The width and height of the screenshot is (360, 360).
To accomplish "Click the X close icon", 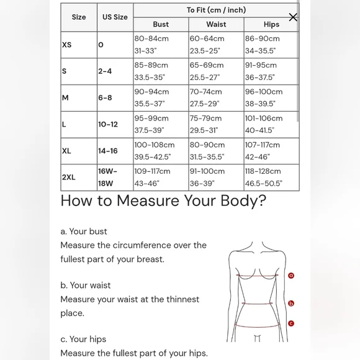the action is pos(293,17).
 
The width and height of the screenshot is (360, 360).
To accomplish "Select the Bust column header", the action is pos(161,24).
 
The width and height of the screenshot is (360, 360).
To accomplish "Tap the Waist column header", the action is pos(216,24).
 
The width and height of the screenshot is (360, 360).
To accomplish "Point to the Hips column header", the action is pos(271,24).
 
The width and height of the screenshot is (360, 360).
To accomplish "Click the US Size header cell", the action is pos(115,17).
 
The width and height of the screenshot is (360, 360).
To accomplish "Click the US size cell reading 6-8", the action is pos(115,98).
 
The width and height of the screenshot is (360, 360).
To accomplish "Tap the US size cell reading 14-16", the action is pos(115,151).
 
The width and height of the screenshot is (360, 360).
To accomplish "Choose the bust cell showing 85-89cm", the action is pos(161,71).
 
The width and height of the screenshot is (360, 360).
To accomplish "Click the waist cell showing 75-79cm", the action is pos(216,124).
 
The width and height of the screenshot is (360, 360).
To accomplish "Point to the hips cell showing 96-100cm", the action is pos(271,98).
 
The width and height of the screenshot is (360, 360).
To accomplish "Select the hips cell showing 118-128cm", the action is pos(271,178).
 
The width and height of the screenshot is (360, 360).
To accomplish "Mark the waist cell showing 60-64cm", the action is pos(216,45).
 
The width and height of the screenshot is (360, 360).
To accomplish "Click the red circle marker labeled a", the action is pos(291,276).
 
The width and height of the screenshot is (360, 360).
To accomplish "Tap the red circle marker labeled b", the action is pos(291,304).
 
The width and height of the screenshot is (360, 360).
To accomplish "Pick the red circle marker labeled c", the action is pos(291,323).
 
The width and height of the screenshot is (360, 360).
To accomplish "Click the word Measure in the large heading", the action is pos(148,200).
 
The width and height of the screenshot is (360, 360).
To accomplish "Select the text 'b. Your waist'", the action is pos(86,286).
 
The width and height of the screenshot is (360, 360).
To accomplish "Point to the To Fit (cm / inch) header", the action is pos(216,10).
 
